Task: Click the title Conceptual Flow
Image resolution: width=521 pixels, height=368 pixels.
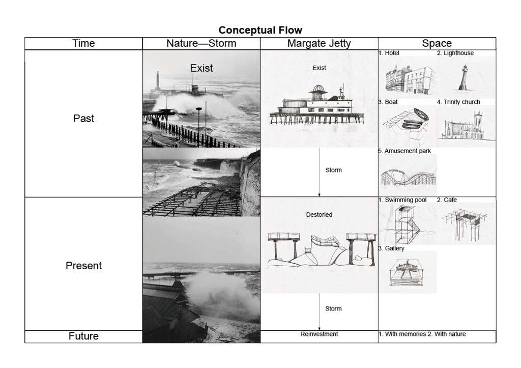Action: (260, 30)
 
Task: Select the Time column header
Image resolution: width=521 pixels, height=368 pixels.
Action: (83, 43)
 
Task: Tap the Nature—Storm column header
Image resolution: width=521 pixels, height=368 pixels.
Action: (201, 43)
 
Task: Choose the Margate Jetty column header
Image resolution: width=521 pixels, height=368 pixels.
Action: (319, 43)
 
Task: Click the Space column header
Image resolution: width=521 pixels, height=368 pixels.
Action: (437, 43)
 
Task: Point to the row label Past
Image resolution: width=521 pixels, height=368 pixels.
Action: (83, 119)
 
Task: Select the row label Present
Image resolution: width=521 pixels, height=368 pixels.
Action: (83, 266)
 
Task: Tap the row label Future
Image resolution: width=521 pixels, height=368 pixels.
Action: (83, 336)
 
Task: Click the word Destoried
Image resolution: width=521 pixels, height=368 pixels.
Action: (319, 215)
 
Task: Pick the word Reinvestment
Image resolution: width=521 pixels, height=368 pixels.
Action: (319, 334)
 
